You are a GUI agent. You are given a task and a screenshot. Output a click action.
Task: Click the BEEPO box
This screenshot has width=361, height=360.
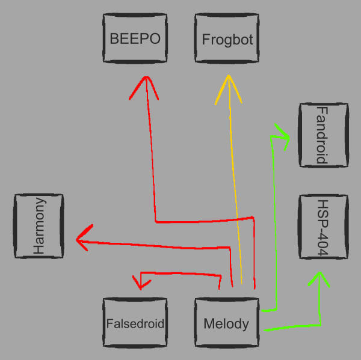135,40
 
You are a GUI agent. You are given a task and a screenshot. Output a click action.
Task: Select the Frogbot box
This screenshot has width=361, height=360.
227,40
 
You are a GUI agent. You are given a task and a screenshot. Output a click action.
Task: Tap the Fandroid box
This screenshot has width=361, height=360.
322,135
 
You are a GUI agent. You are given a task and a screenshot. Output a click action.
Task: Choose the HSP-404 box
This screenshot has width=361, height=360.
322,227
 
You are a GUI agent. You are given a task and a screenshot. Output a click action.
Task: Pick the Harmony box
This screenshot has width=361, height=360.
39,227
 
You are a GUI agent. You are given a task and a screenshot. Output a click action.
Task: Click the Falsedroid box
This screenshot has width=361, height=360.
135,323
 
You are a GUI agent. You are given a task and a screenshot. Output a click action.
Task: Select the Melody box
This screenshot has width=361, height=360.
227,323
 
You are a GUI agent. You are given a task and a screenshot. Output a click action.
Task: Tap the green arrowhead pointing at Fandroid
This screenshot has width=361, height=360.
283,135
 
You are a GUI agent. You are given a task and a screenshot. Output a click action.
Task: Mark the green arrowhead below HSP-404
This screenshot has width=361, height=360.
320,278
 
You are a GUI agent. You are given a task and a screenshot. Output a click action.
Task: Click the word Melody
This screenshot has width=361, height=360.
226,324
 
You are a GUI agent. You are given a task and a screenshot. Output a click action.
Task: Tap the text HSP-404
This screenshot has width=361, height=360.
322,227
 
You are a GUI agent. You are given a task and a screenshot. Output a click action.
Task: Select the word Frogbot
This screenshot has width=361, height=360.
227,40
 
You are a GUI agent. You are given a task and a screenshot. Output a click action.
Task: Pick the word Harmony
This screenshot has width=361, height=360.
39,227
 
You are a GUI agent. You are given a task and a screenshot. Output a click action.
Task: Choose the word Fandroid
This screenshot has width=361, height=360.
322,135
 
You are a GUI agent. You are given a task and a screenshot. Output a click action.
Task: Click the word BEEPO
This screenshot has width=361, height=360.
135,40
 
